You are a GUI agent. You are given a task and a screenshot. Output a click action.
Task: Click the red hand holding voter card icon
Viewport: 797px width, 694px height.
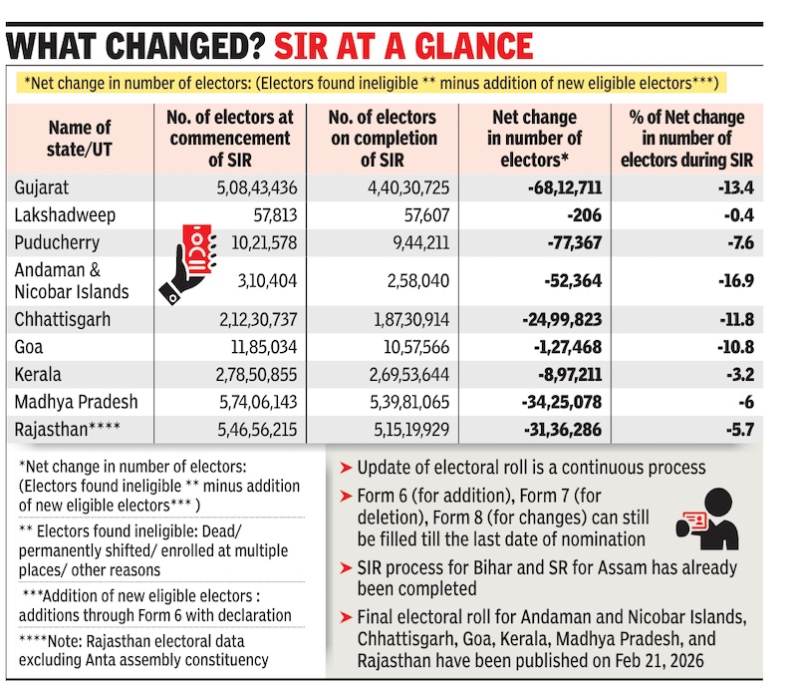tap(190, 262)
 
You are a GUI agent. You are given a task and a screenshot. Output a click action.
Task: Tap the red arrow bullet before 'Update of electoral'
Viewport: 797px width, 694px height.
tap(345, 468)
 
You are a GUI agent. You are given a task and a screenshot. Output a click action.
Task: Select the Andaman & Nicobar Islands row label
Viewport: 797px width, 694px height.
tap(72, 281)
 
